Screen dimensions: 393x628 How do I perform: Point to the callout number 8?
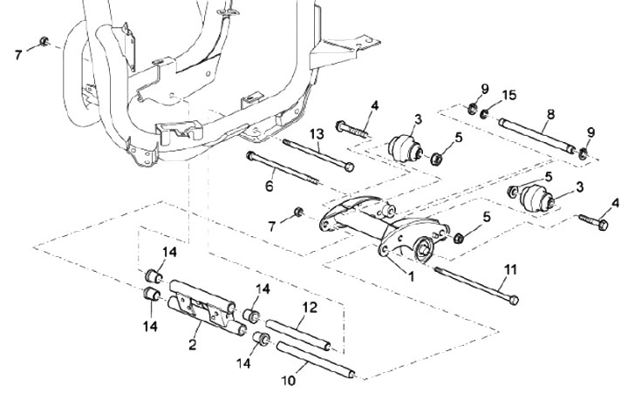point(550,114)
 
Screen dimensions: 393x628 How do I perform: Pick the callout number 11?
point(511,269)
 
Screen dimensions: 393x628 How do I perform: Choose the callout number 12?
point(309,307)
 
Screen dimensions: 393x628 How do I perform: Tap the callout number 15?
point(510,95)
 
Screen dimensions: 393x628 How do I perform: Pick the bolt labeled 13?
point(318,152)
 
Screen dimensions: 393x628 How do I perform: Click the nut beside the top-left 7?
point(44,41)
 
